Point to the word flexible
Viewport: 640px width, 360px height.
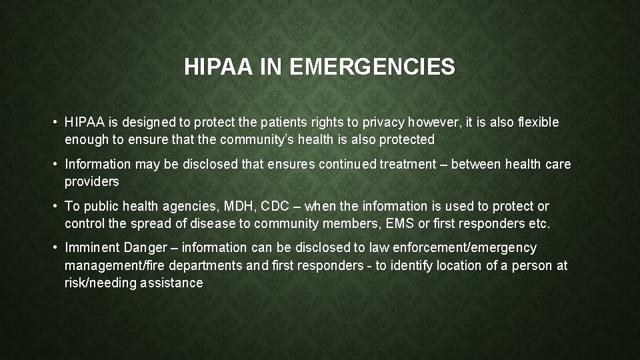click(x=537, y=123)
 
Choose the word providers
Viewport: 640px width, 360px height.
click(x=91, y=181)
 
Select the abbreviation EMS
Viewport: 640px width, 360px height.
click(x=401, y=224)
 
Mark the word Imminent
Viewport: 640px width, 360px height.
click(x=92, y=248)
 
